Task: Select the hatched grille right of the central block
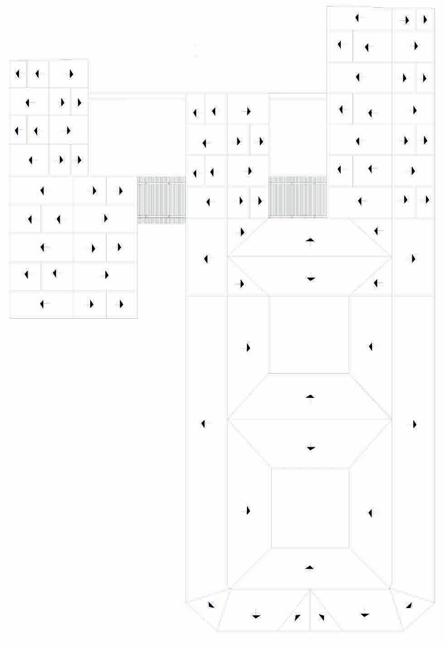pyautogui.click(x=297, y=197)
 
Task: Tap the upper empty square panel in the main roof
pyautogui.click(x=309, y=335)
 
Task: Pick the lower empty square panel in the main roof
pyautogui.click(x=310, y=508)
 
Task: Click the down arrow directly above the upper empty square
pyautogui.click(x=310, y=278)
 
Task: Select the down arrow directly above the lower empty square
pyautogui.click(x=310, y=448)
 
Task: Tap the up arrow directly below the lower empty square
pyautogui.click(x=310, y=567)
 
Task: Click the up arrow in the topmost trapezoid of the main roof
pyautogui.click(x=310, y=240)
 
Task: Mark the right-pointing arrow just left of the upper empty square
pyautogui.click(x=247, y=348)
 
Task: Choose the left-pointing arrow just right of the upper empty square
pyautogui.click(x=371, y=347)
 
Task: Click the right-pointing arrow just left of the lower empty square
pyautogui.click(x=247, y=510)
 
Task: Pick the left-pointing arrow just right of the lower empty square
pyautogui.click(x=371, y=513)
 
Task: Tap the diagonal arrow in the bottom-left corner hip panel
pyautogui.click(x=211, y=605)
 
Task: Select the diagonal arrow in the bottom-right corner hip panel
pyautogui.click(x=409, y=605)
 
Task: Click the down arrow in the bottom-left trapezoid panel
pyautogui.click(x=256, y=616)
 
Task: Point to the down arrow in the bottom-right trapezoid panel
pyautogui.click(x=365, y=614)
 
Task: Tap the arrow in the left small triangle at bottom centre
pyautogui.click(x=297, y=617)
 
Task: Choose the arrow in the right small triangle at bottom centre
pyautogui.click(x=321, y=617)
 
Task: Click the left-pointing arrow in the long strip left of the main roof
pyautogui.click(x=204, y=424)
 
